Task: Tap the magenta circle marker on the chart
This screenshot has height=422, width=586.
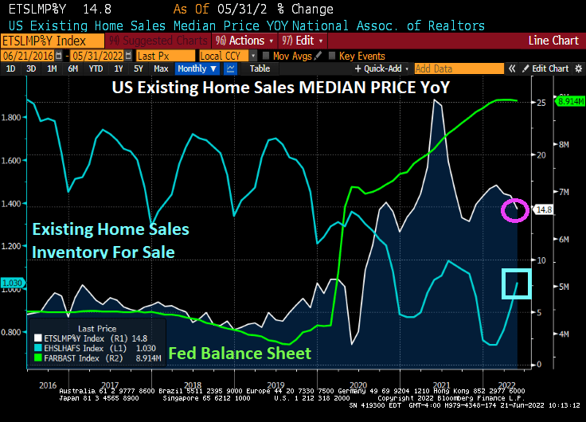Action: coord(514,210)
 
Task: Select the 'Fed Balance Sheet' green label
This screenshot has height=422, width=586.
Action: coord(240,352)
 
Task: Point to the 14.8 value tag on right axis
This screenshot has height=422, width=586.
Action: coord(545,210)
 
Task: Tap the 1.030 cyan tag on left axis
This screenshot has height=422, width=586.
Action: coord(12,283)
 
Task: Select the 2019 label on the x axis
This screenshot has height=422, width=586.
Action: coord(275,383)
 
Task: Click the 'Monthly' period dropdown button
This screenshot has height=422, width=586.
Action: coord(194,68)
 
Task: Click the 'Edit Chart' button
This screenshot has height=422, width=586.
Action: coord(549,68)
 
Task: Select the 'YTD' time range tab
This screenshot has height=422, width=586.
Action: coord(95,68)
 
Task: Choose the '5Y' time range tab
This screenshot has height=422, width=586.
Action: coord(138,68)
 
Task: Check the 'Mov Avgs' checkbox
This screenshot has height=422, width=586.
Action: coord(267,56)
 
